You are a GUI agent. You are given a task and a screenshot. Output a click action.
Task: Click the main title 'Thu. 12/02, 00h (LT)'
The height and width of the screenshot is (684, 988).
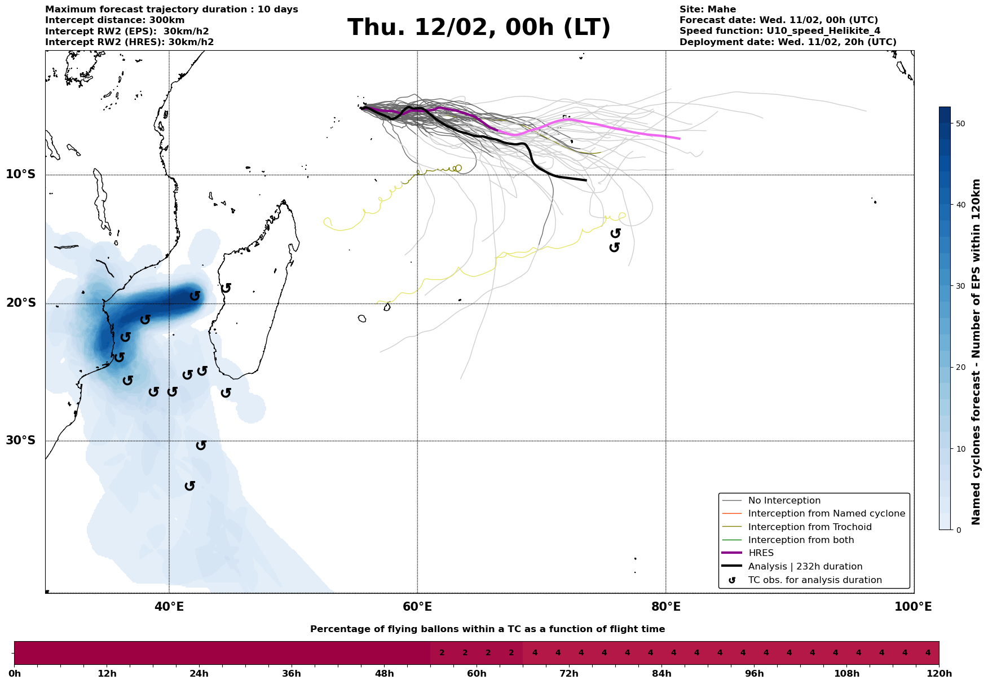[x=479, y=28]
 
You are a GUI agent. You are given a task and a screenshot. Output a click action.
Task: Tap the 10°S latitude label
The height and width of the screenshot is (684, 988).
[x=21, y=174]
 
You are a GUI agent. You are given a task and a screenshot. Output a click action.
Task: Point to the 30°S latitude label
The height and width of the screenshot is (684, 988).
[x=21, y=440]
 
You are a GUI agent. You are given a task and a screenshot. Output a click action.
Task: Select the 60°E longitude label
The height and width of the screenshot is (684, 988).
[x=417, y=607]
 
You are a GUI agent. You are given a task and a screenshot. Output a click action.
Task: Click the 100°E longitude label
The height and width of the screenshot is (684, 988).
[x=913, y=607]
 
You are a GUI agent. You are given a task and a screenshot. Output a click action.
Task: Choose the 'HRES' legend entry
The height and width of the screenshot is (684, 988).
[x=761, y=553]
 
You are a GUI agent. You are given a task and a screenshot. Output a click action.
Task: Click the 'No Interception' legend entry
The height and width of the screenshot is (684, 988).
[x=784, y=501]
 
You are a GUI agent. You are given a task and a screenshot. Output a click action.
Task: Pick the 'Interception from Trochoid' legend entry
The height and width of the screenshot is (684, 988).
[x=809, y=527]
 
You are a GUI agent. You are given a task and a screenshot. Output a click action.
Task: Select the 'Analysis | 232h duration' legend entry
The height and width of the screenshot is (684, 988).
[x=805, y=567]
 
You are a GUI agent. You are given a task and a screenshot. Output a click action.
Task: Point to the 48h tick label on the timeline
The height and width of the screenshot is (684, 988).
[x=384, y=674]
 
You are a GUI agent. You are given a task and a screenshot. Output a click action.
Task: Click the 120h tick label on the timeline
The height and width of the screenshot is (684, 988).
[x=938, y=674]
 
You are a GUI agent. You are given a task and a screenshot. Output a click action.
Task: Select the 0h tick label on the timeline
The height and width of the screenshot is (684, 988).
[x=15, y=674]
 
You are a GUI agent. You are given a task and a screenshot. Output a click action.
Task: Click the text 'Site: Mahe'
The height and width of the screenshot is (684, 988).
[x=707, y=10]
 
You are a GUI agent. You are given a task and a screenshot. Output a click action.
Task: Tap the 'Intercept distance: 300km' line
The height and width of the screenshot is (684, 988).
[x=114, y=20]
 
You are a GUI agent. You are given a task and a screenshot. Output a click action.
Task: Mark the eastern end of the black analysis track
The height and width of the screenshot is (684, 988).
[x=586, y=180]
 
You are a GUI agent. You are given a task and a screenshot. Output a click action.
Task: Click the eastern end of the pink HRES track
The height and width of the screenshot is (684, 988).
[x=680, y=139]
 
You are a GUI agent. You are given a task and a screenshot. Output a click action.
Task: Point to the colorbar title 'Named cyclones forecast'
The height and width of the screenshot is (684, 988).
[x=976, y=352]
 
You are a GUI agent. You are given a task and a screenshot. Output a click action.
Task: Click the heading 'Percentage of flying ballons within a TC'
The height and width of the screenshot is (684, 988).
[x=487, y=629]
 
